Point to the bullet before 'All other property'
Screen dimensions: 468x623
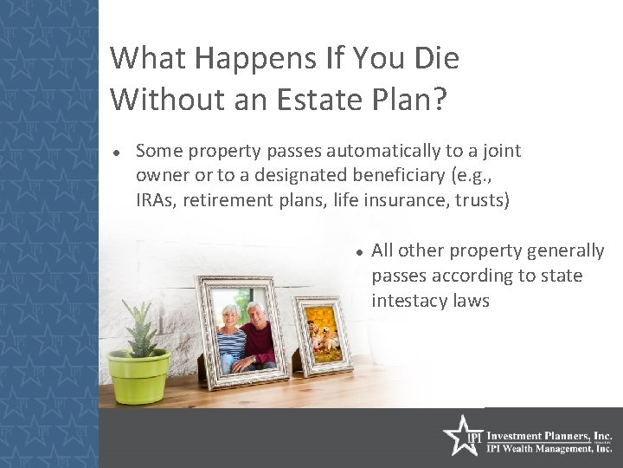(x=356, y=252)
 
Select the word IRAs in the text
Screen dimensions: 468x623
(x=156, y=200)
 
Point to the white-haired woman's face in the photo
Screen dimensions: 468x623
(x=233, y=318)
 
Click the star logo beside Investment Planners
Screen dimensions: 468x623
(x=459, y=436)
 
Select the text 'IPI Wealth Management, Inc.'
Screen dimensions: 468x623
(x=550, y=448)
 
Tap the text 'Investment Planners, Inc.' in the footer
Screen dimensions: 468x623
(x=550, y=434)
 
